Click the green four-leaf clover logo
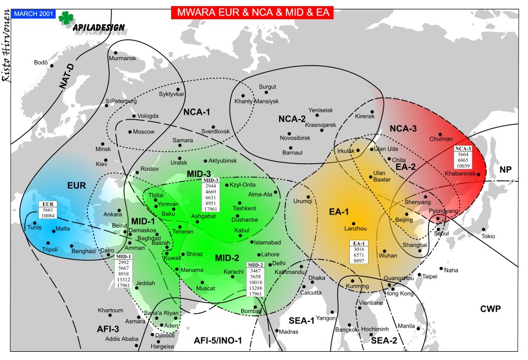pos(67,18)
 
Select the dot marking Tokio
pos(483,229)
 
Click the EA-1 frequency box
pos(360,252)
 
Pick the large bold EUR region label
pos(76,186)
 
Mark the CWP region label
pos(490,309)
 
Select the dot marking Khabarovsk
pos(479,175)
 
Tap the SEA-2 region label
pos(384,341)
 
